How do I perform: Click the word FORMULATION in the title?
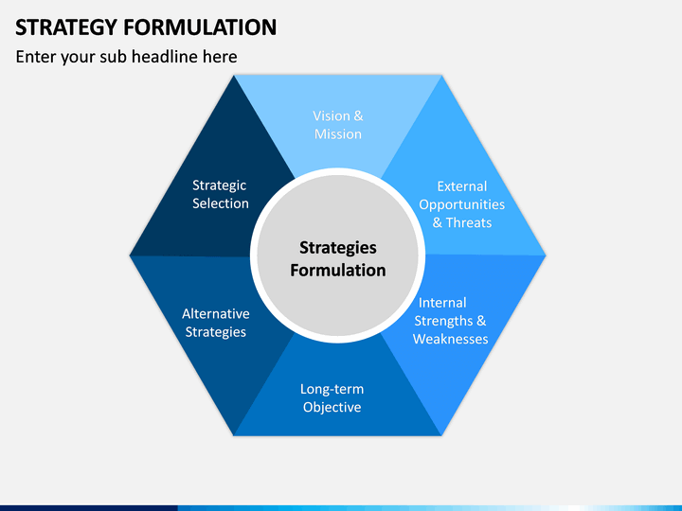200,27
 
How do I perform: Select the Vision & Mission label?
338,125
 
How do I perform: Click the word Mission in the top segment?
338,133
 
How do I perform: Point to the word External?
462,186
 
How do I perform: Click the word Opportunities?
462,204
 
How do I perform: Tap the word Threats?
469,222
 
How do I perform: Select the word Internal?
442,303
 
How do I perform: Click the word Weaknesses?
450,339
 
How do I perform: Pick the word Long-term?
332,389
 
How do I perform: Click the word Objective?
332,407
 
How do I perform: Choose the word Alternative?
216,313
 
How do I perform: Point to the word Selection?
221,203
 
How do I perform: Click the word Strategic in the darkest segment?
219,185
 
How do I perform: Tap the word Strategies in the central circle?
338,248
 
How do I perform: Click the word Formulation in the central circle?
338,271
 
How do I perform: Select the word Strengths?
443,321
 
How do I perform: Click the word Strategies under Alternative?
216,332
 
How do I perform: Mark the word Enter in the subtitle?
36,57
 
